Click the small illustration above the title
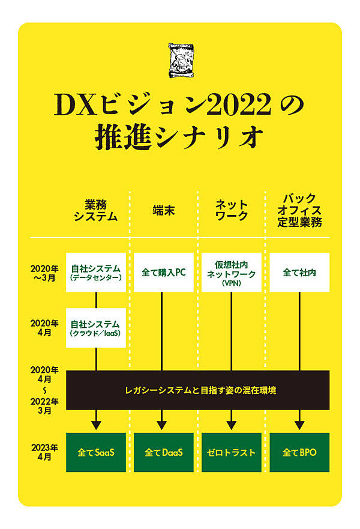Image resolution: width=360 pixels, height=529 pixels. (180, 59)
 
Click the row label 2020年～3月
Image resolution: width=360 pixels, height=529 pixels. (45, 272)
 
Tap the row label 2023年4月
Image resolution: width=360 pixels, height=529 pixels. (45, 451)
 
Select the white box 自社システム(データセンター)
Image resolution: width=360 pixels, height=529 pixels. (96, 272)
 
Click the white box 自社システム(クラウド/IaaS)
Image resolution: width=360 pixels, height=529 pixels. (96, 327)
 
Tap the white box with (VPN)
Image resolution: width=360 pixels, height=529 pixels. (231, 272)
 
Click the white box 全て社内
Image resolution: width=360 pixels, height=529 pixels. (299, 272)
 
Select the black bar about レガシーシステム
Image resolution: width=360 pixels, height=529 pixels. (197, 390)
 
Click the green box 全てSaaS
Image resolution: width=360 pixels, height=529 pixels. (96, 452)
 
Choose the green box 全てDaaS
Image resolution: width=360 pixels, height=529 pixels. (163, 452)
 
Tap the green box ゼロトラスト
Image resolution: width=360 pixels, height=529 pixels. (231, 452)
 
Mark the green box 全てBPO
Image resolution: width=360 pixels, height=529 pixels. (299, 452)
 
